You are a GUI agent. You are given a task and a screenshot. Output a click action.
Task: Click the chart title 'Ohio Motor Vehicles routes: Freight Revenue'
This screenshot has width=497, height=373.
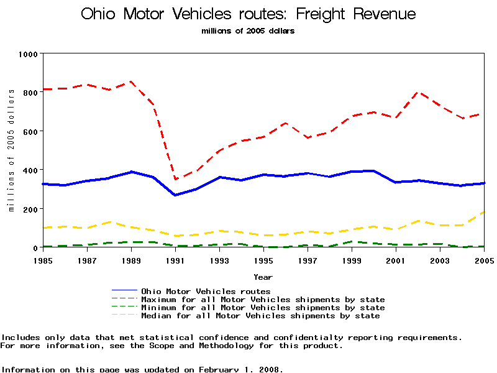pos(248,14)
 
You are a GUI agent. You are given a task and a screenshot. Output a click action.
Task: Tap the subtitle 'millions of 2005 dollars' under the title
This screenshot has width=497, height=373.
pos(248,30)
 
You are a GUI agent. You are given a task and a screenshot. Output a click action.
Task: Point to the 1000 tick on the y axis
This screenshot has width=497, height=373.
pos(28,54)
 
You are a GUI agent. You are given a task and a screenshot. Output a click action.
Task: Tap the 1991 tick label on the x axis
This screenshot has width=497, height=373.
pos(176,259)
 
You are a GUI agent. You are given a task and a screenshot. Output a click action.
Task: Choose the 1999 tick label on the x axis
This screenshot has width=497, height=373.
pos(352,259)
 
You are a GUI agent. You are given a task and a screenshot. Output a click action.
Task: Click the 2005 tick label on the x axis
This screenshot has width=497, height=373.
pos(484,259)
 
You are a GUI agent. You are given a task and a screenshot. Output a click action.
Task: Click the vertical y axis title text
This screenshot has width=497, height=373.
pos(12,150)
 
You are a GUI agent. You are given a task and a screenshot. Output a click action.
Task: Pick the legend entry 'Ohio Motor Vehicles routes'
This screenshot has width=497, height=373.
pos(206,291)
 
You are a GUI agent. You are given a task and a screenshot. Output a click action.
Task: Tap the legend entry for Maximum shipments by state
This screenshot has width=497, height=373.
pos(263,300)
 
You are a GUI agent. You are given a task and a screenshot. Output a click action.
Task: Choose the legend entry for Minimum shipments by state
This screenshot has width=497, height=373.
pos(263,308)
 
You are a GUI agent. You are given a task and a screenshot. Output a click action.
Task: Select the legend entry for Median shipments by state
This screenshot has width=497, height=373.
pos(260,316)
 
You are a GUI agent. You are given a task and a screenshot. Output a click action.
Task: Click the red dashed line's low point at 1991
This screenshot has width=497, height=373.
pos(175,180)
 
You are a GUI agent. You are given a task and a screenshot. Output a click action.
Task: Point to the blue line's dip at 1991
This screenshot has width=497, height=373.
pos(175,195)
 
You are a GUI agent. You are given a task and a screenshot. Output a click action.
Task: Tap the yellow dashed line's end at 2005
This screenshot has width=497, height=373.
pos(483,213)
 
